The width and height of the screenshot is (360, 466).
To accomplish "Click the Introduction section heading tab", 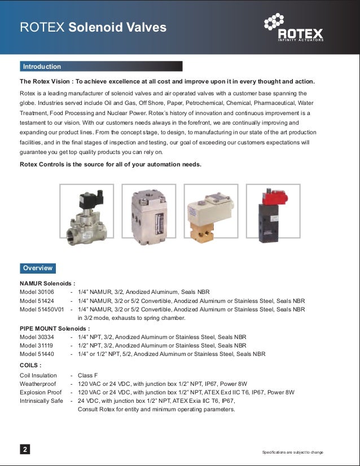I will pyautogui.click(x=42, y=67).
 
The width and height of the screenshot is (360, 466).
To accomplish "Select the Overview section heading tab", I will pyautogui.click(x=38, y=268).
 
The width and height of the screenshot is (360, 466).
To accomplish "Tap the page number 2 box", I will pyautogui.click(x=25, y=450).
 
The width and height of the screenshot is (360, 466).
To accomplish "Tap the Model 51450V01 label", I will pyautogui.click(x=41, y=309).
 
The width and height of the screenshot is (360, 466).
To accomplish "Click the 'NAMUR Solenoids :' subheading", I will pyautogui.click(x=47, y=283).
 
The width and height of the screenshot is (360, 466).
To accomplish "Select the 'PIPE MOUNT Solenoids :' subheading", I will pyautogui.click(x=55, y=328).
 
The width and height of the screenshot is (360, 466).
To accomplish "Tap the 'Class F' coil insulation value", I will pyautogui.click(x=88, y=375).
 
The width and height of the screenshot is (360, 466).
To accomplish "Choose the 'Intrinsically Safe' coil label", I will pyautogui.click(x=41, y=401).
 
